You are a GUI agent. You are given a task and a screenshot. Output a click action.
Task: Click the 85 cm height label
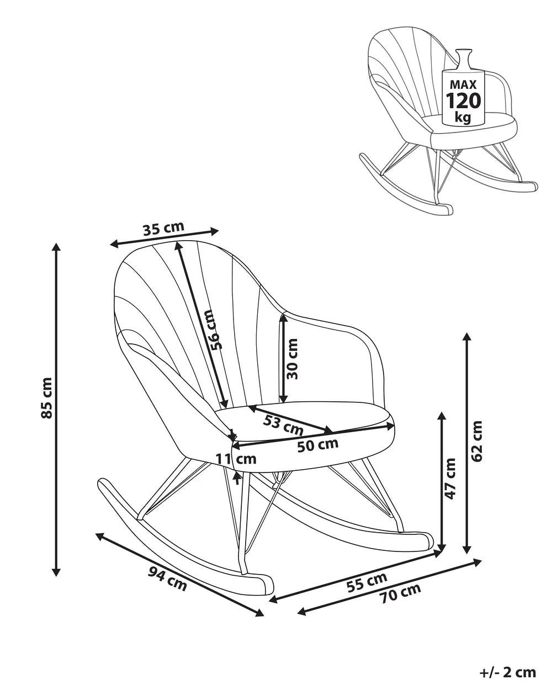(47, 397)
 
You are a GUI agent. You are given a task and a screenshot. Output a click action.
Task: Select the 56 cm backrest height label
(213, 330)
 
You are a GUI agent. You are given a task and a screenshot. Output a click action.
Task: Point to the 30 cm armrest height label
(293, 359)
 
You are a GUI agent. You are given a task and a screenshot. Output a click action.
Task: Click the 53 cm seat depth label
(283, 424)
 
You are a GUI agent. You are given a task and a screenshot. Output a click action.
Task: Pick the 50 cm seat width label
(317, 444)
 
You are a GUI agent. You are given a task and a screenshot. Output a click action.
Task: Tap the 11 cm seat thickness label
(236, 459)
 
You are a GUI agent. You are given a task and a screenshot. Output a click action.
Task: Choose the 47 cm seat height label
(451, 478)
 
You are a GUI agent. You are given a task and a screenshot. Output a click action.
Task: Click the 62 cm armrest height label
(477, 440)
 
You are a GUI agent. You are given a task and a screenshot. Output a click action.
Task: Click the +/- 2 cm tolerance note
(508, 672)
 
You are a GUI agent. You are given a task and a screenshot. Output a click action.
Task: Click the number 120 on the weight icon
(464, 101)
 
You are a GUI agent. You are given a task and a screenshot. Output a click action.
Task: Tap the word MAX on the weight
(464, 84)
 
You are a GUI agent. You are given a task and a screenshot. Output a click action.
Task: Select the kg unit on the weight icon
(463, 117)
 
